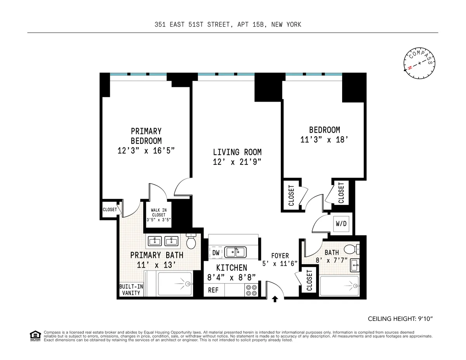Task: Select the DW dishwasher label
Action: pyautogui.click(x=216, y=253)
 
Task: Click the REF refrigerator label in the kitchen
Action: pyautogui.click(x=213, y=290)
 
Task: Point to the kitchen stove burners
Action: pyautogui.click(x=252, y=290)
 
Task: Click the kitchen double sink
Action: pyautogui.click(x=235, y=252)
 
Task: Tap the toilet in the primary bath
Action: pyautogui.click(x=191, y=242)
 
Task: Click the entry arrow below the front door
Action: pyautogui.click(x=275, y=299)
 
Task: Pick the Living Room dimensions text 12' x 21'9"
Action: pyautogui.click(x=236, y=163)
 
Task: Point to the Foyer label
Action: pyautogui.click(x=280, y=256)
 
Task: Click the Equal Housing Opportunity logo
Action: pyautogui.click(x=35, y=336)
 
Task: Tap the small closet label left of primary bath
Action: pyautogui.click(x=110, y=209)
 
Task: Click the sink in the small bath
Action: pyautogui.click(x=355, y=265)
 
